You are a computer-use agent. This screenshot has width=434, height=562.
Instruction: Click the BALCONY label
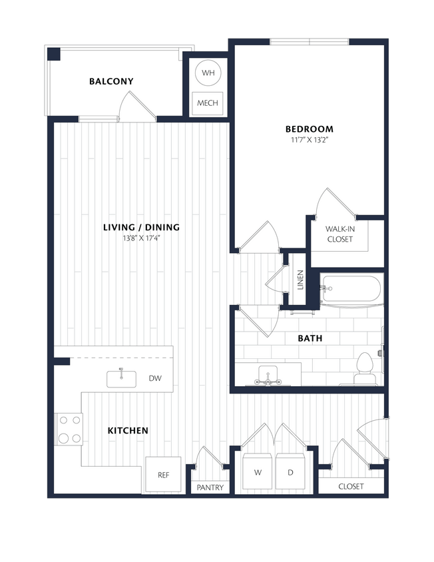click(x=111, y=81)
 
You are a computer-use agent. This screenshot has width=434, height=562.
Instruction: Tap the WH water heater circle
click(x=208, y=73)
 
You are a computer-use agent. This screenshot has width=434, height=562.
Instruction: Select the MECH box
click(x=208, y=103)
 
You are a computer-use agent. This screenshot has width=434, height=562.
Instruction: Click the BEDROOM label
click(x=309, y=129)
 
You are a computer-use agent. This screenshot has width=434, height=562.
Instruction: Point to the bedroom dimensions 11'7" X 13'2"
click(x=309, y=140)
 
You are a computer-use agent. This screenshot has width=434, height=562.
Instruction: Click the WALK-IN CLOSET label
click(x=339, y=234)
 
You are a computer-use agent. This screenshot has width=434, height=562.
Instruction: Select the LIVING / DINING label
click(x=141, y=227)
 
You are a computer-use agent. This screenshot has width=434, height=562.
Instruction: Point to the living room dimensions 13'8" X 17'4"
click(x=141, y=238)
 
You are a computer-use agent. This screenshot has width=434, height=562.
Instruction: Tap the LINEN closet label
click(x=300, y=280)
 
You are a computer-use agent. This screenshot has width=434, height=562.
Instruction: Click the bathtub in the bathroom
click(x=351, y=289)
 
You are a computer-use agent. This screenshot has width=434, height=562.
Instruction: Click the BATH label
click(x=310, y=338)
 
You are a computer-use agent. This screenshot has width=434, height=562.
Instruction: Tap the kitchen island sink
click(x=122, y=378)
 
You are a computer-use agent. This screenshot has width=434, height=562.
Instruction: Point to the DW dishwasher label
click(x=155, y=379)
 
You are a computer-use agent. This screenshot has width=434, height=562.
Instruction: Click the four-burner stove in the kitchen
click(x=69, y=429)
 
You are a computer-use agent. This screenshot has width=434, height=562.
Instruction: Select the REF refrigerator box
click(x=162, y=475)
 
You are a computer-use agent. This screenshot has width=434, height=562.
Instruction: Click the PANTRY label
click(x=210, y=487)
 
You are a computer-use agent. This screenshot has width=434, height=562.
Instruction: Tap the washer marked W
click(x=257, y=472)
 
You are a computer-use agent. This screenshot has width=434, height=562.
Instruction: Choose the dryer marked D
click(x=290, y=472)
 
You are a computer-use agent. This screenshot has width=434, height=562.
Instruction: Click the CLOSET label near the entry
click(x=351, y=486)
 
